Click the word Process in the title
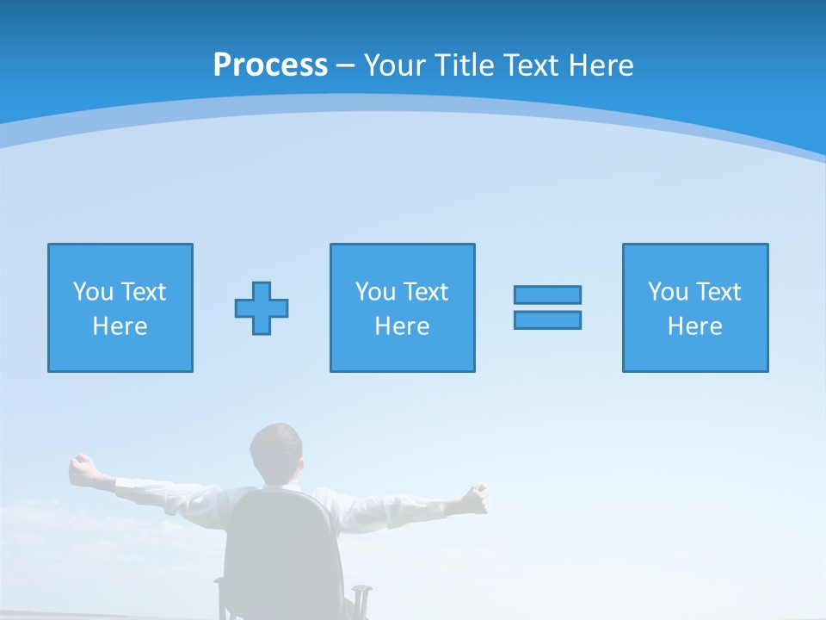point(270,65)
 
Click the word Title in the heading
point(463,65)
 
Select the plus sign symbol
point(262,308)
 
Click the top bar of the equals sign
point(547,295)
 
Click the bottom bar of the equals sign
point(547,319)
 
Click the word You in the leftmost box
point(93,292)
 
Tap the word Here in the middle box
point(402,326)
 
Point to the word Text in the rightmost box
point(719,292)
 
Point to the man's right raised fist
point(476,495)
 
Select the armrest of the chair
point(361,594)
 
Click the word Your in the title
point(392,65)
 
